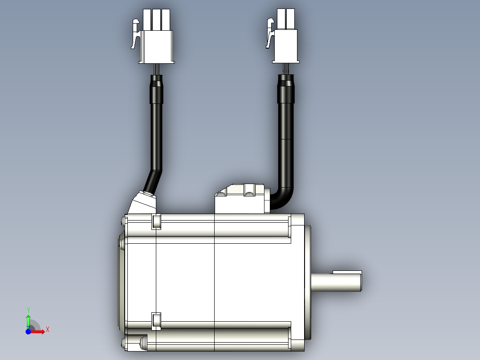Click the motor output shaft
tap(336, 282)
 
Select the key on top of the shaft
tap(347, 272)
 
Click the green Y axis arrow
tap(28, 322)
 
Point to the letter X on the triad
tap(48, 330)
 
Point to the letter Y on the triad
tap(28, 310)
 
